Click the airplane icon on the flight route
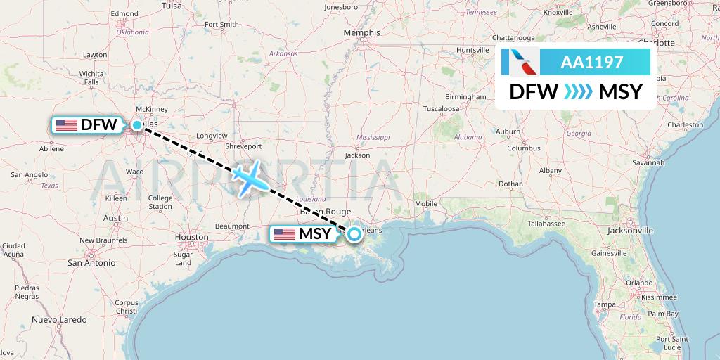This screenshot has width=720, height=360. (250, 179)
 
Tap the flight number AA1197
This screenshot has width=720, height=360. (591, 63)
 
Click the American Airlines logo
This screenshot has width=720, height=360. (521, 63)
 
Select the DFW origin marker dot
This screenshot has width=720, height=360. (136, 125)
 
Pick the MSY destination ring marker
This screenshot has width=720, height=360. (354, 234)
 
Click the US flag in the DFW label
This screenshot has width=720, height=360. (66, 125)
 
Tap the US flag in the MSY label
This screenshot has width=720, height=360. (284, 234)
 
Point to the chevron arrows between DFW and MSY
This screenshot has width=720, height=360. (578, 92)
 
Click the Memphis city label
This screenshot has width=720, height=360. (361, 32)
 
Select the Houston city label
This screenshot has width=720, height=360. (192, 237)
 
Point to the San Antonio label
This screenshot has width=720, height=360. (91, 262)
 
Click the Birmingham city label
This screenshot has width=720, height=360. (465, 96)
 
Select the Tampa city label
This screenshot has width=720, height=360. (605, 304)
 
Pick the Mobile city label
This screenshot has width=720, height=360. (426, 204)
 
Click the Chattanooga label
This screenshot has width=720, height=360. (522, 37)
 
